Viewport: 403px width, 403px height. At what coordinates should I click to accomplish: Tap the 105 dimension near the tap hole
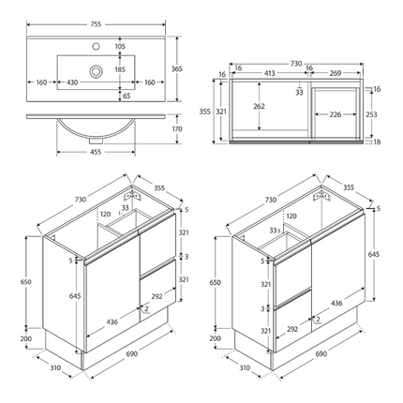pyautogui.click(x=119, y=46)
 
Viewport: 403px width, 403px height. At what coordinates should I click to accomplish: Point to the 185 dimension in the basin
pyautogui.click(x=119, y=69)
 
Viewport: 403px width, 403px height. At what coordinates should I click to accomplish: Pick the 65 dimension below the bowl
pyautogui.click(x=127, y=96)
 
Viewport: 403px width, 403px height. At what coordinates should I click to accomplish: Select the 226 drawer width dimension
pyautogui.click(x=336, y=115)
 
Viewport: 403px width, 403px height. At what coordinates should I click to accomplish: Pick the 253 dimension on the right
pyautogui.click(x=371, y=113)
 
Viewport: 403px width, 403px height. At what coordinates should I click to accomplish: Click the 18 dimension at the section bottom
pyautogui.click(x=377, y=142)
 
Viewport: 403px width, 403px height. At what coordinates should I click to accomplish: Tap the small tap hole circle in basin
pyautogui.click(x=95, y=47)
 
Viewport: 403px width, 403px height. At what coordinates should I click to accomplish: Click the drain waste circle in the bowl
pyautogui.click(x=95, y=70)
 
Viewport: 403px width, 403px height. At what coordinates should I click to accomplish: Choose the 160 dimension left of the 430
pyautogui.click(x=42, y=82)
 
